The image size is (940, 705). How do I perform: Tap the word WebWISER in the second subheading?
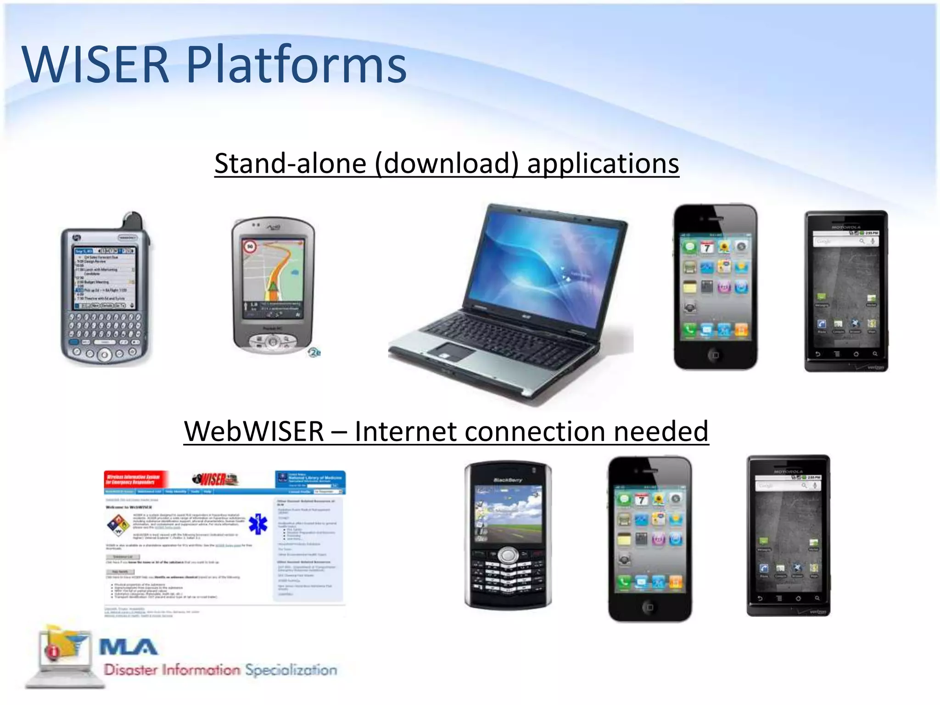point(254,431)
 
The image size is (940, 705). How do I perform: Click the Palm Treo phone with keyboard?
point(105,294)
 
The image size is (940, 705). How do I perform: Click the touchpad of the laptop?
point(452,353)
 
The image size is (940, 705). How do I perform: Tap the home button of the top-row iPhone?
point(715,355)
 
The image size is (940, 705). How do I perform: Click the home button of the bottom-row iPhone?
point(649,607)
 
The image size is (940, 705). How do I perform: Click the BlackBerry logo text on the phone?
point(508,480)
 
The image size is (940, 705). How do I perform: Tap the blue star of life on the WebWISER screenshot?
point(258,524)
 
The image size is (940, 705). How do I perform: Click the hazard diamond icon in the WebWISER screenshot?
point(118,525)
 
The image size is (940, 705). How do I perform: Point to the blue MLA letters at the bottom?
point(129,647)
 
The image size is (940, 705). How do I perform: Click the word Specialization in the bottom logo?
point(291,670)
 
